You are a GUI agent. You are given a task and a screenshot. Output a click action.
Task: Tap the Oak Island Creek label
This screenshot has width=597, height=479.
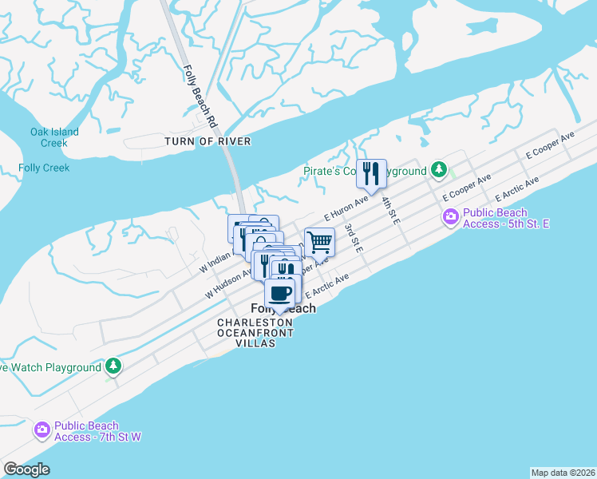(x=54, y=137)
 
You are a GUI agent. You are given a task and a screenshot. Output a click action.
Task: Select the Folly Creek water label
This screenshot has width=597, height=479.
(x=44, y=168)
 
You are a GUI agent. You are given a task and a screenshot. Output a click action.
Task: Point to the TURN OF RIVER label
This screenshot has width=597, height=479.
(x=208, y=141)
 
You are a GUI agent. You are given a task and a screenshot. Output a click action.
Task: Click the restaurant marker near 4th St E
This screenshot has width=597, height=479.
(x=371, y=173)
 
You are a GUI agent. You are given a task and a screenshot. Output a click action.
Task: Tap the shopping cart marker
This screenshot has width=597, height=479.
(x=319, y=241)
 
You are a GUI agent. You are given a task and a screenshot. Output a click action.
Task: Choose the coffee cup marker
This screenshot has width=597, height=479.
(x=279, y=293)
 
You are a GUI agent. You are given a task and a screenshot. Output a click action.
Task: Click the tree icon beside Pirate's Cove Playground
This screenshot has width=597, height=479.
(x=438, y=170)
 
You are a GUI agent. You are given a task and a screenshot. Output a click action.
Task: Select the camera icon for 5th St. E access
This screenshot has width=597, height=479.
(x=451, y=217)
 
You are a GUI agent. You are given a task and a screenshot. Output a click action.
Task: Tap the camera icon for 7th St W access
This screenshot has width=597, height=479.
(x=42, y=431)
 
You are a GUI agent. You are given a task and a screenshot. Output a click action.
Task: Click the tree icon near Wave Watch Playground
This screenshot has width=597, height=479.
(x=113, y=366)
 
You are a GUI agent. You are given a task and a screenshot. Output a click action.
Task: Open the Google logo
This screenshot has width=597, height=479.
(x=26, y=469)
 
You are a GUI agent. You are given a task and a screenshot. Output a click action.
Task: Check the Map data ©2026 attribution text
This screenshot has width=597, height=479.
(x=563, y=473)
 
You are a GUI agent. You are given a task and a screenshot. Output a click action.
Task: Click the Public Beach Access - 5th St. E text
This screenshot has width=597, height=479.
(x=506, y=218)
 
